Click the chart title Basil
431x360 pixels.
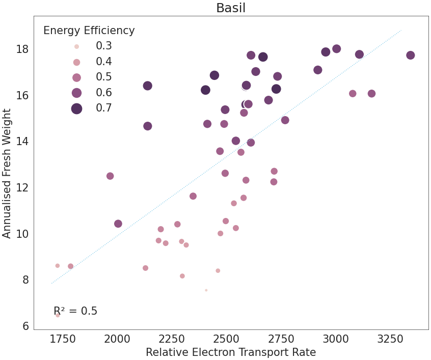point(231,8)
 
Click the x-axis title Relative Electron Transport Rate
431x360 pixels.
point(231,352)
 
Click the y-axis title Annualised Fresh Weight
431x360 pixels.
point(7,173)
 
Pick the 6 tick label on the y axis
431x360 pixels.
point(24,326)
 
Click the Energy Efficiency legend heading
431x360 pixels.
point(89,31)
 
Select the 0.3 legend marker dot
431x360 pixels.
point(77,46)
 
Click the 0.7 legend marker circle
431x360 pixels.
point(77,108)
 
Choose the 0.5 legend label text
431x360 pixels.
point(104,77)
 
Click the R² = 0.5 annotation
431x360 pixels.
point(75,311)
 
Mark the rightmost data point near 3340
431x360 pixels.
point(410,56)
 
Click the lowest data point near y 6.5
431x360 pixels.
point(58,315)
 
